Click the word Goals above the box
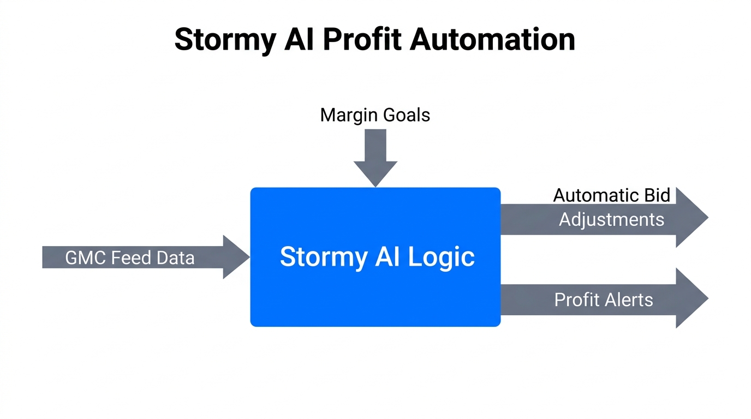tap(406, 115)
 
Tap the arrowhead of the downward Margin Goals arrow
tap(375, 173)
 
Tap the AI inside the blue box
tap(387, 256)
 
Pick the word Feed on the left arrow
tap(129, 258)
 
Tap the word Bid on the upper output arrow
tap(657, 195)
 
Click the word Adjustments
tap(611, 219)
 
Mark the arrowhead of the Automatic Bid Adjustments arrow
tap(692, 217)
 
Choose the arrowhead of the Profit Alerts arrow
tap(692, 298)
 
